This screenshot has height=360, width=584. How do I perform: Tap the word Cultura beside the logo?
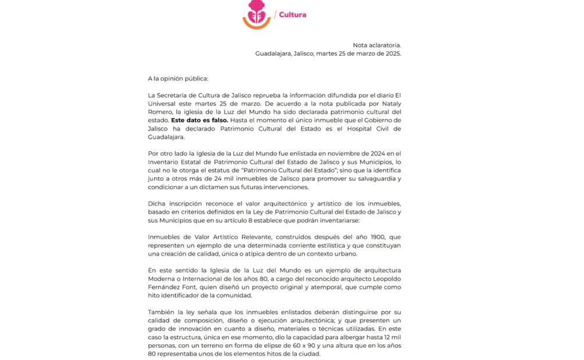click(x=292, y=15)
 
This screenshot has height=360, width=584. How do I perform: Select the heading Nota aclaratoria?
click(x=377, y=45)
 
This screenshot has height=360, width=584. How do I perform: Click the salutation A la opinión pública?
click(x=178, y=78)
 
